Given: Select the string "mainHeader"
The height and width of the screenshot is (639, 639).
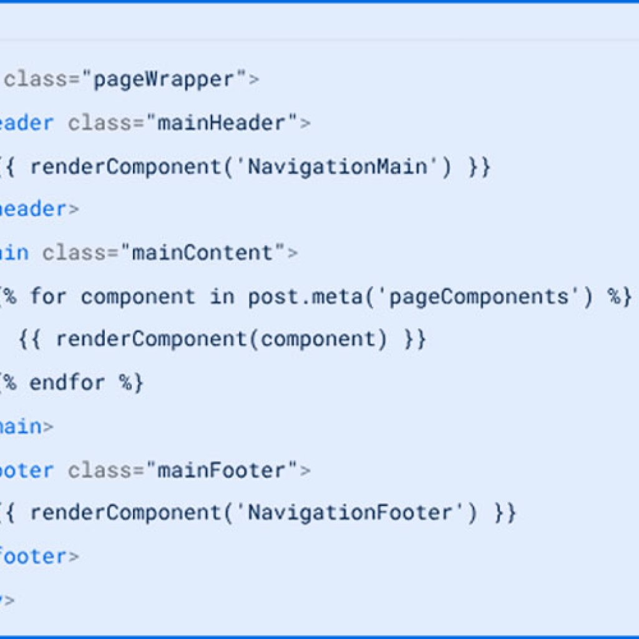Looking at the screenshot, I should coord(222,123).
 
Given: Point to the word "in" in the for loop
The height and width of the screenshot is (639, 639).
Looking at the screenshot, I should coord(221,296).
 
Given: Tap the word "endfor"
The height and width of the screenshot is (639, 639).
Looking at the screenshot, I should coord(67,383).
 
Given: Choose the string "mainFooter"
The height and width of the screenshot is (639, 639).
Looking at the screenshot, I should coord(222,470).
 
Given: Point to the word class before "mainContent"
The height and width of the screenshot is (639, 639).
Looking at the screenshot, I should coord(74,253).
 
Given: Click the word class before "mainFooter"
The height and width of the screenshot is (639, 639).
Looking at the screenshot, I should coord(100,470).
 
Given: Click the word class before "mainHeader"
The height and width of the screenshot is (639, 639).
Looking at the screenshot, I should coord(100,123).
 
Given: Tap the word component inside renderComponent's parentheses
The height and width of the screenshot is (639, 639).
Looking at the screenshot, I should coord(318,339).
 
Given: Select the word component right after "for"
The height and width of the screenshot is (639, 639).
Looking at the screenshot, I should coord(138,296).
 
